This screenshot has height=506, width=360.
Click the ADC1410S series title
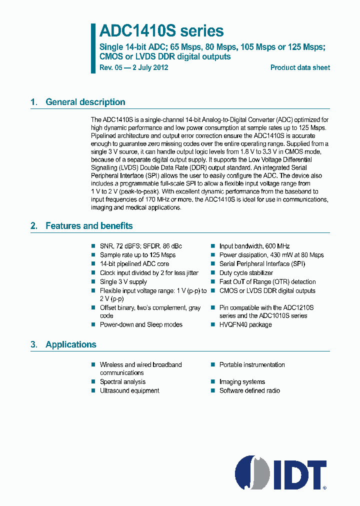[x=161, y=31]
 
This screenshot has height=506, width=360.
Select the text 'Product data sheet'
[x=300, y=67]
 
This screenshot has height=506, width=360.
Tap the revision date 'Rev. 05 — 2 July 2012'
[x=134, y=67]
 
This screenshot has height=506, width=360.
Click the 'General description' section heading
[x=85, y=102]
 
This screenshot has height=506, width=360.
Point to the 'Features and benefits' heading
[x=89, y=226]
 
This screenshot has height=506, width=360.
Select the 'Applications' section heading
[x=70, y=344]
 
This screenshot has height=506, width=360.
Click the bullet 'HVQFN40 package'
[x=245, y=324]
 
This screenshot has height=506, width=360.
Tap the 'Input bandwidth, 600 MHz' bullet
[x=254, y=246]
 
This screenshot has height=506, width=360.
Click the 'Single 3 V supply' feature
[x=123, y=282]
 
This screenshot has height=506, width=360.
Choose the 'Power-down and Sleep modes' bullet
[x=141, y=324]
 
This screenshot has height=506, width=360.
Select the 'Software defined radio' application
[x=249, y=390]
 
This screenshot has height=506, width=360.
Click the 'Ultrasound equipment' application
[x=129, y=390]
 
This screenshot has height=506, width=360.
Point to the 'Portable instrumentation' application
[x=252, y=364]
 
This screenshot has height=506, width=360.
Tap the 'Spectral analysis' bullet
[x=122, y=381]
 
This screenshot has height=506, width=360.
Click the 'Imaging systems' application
[x=242, y=381]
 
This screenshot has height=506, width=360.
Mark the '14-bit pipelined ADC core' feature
[x=134, y=264]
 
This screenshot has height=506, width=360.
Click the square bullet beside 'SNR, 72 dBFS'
[x=93, y=246]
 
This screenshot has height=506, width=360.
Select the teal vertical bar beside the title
[x=93, y=48]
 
